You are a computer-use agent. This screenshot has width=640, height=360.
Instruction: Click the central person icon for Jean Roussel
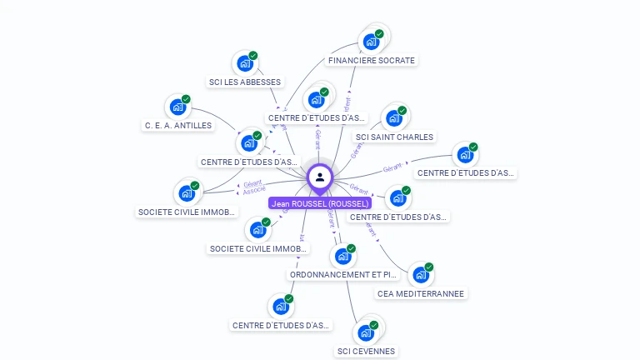pos(320,177)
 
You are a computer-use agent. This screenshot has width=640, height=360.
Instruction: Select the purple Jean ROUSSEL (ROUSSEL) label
pos(320,203)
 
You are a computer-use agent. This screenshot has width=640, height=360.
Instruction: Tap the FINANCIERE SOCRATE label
pos(372,61)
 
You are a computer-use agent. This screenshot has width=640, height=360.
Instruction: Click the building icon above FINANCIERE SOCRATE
pos(371,42)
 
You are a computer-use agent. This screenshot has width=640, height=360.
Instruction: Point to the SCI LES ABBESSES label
pos(245,82)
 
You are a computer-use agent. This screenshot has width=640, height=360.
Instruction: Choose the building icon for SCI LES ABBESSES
pos(245,63)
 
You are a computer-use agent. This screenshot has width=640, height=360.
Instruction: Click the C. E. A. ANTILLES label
pos(177,126)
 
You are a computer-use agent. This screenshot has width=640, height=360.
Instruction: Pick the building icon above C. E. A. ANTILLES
pos(177,107)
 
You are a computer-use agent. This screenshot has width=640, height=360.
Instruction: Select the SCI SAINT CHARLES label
pos(394,137)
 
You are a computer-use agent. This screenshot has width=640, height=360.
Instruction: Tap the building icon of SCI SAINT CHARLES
pos(394,118)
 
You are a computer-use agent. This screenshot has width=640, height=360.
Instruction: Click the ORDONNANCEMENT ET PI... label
pos(343,274)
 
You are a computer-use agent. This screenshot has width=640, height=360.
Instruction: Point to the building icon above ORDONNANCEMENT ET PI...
pos(342,256)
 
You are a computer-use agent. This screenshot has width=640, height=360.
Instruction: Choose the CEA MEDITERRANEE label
pos(421,293)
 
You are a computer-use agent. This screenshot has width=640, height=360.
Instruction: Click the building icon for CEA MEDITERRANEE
pos(421,274)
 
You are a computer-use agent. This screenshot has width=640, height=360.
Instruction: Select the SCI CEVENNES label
pos(366,352)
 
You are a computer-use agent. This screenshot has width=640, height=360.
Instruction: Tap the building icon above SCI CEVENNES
pos(365,332)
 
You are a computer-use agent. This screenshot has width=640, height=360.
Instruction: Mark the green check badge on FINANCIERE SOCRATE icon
pos(379,34)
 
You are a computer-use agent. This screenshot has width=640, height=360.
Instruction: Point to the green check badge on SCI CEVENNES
pos(373,325)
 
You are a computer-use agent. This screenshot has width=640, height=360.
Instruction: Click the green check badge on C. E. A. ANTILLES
pos(186,99)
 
